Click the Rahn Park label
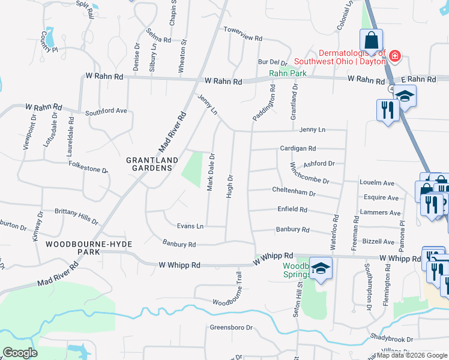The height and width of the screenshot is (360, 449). point(288,73)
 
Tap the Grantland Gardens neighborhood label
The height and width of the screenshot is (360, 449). point(152,164)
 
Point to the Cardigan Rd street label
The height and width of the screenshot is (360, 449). point(298,148)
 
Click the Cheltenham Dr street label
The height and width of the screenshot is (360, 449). point(294,193)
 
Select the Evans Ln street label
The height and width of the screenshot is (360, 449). point(190,226)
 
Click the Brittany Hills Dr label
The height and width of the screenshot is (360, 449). point(76,217)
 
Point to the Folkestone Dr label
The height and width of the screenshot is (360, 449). point(89,166)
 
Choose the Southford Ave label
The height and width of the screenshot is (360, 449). point(106,111)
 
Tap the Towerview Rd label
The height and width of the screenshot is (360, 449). point(243,37)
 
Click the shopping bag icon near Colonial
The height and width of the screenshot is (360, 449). point(372,41)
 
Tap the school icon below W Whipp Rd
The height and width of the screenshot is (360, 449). point(321,269)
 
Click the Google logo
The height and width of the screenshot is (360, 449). point(20,353)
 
